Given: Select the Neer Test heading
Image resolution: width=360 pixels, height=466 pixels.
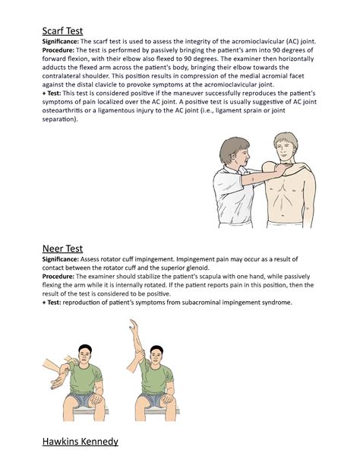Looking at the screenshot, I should pos(63,249).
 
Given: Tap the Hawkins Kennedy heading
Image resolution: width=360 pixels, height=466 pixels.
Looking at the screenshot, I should pos(81,441).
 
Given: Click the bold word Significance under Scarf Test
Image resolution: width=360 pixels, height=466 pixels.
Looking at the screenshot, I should pos(60,41).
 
